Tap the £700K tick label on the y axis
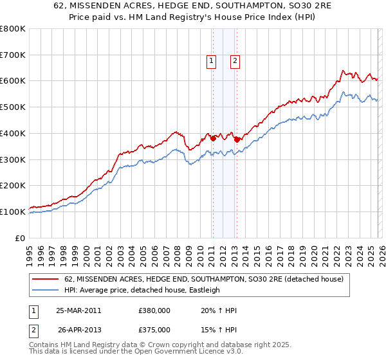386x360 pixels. pyautogui.click(x=13, y=55)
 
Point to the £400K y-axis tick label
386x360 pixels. pyautogui.click(x=13, y=133)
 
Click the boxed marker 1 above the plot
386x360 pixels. pyautogui.click(x=212, y=61)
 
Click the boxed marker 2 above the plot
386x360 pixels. pyautogui.click(x=235, y=61)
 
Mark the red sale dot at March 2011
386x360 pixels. pyautogui.click(x=213, y=138)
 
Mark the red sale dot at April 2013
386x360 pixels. pyautogui.click(x=237, y=139)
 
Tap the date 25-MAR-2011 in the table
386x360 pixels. pyautogui.click(x=78, y=310)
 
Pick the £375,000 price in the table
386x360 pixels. pyautogui.click(x=154, y=329)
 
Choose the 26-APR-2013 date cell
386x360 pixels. pyautogui.click(x=78, y=329)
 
